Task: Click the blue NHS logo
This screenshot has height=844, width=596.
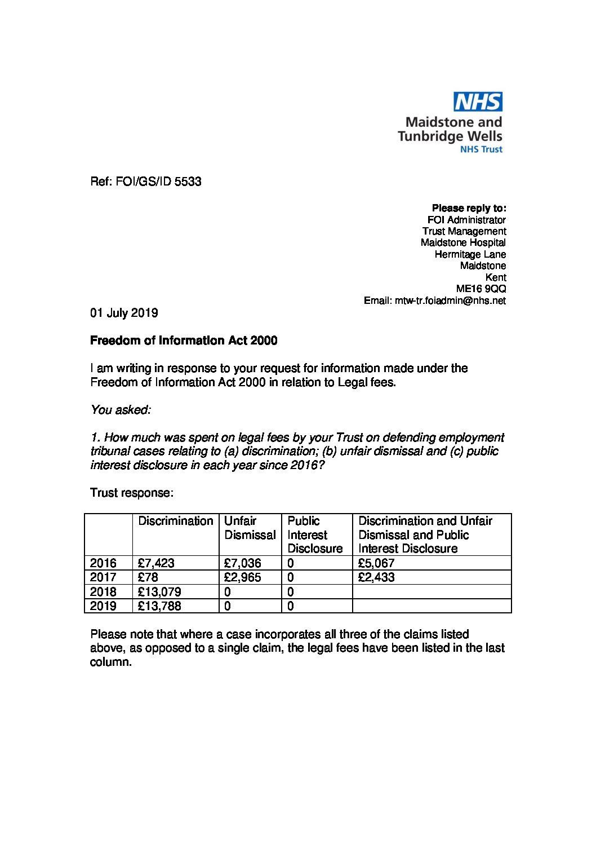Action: coord(478,101)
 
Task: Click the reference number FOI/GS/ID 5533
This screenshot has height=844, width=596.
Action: coord(146,182)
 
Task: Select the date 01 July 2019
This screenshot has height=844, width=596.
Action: coord(124,313)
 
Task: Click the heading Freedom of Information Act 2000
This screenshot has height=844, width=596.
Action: coord(184,341)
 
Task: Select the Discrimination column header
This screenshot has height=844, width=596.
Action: coord(176,521)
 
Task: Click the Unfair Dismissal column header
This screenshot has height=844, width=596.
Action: coord(250,528)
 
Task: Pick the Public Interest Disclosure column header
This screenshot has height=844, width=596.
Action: coord(315,534)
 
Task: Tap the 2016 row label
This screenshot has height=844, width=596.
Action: coord(104,563)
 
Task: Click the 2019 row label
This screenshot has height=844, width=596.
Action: coord(104,606)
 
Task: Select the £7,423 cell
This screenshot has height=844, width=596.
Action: coord(156,563)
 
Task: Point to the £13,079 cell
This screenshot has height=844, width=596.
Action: coord(159,592)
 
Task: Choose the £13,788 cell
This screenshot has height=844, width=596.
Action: coord(159,606)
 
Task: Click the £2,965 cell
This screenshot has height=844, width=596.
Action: coord(242,577)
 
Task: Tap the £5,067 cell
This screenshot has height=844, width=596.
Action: coord(376,563)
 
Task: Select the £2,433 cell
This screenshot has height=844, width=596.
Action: coord(376,577)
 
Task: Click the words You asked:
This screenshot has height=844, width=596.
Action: coord(121,410)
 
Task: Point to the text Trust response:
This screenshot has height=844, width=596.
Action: coord(132,493)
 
